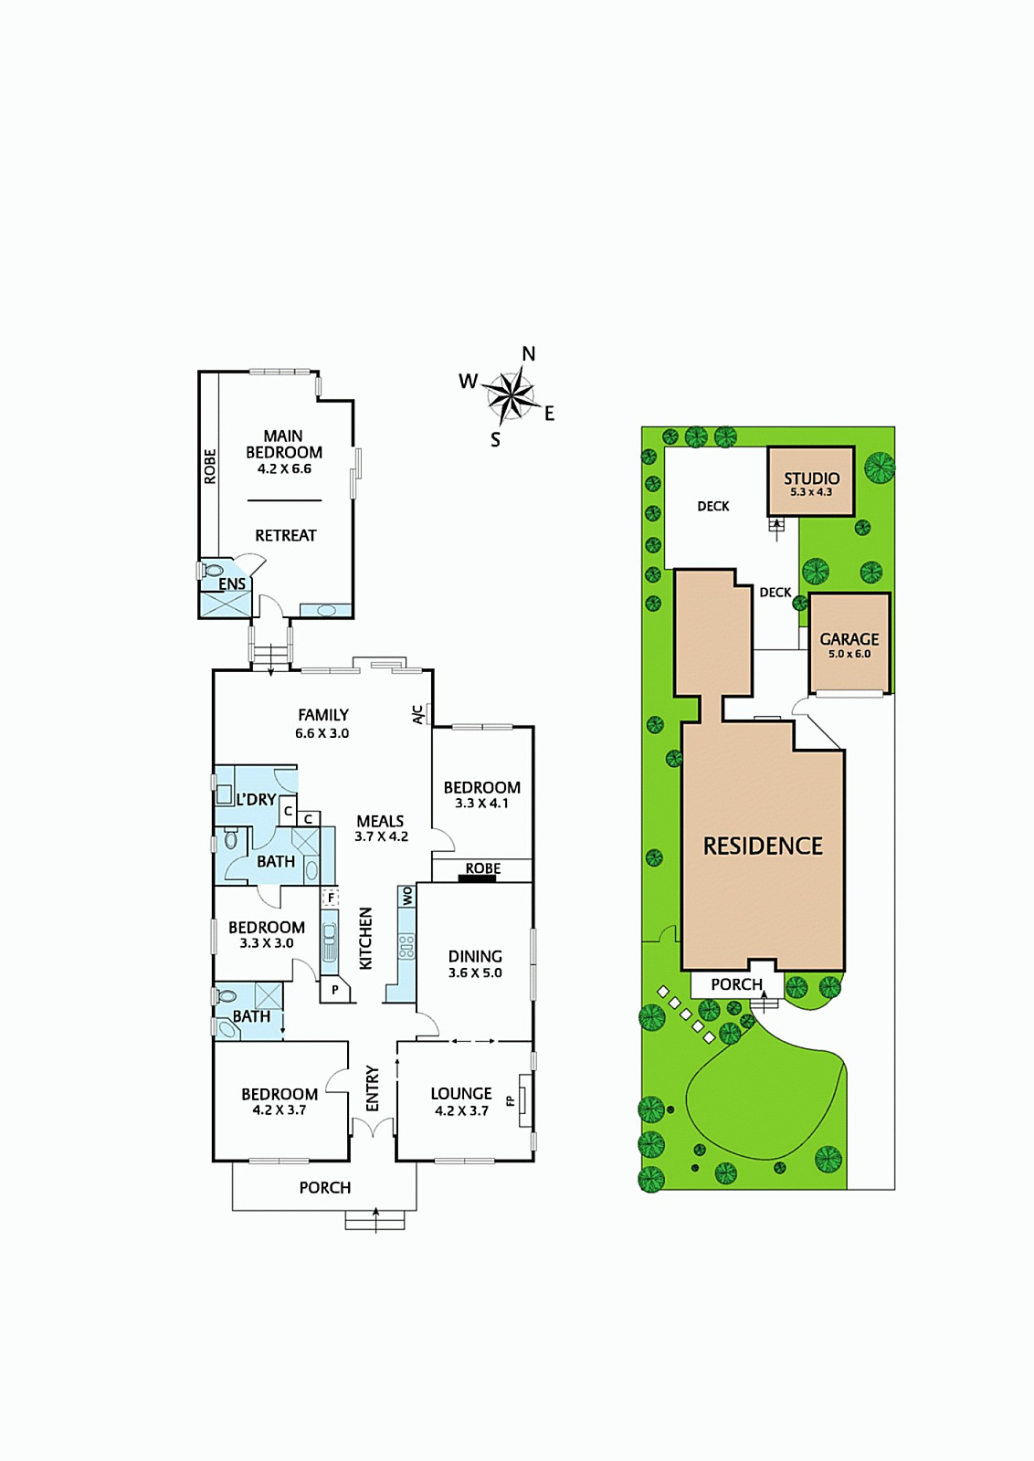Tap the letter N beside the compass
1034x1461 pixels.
pos(529,354)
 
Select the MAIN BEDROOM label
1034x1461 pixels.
pos(284,444)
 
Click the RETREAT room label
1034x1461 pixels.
pos(286,535)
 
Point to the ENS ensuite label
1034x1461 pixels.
pos(232,583)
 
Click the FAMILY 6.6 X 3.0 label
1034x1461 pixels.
pos(322,723)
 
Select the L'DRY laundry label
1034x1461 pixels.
pos(256,799)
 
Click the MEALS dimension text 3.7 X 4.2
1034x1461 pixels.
pos(382,836)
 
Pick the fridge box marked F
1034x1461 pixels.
pos(331,899)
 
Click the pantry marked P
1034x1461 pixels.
pos(335,990)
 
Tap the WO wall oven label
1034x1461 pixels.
pos(408,896)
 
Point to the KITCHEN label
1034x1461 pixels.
pos(366,938)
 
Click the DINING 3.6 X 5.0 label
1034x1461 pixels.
pos(475,964)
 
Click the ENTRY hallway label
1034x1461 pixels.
pos(373,1088)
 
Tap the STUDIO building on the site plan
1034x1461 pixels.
pos(811,481)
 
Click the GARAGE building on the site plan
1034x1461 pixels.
pos(849,644)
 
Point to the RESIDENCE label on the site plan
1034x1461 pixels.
pos(764,846)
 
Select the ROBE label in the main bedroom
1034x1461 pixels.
pos(210,467)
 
